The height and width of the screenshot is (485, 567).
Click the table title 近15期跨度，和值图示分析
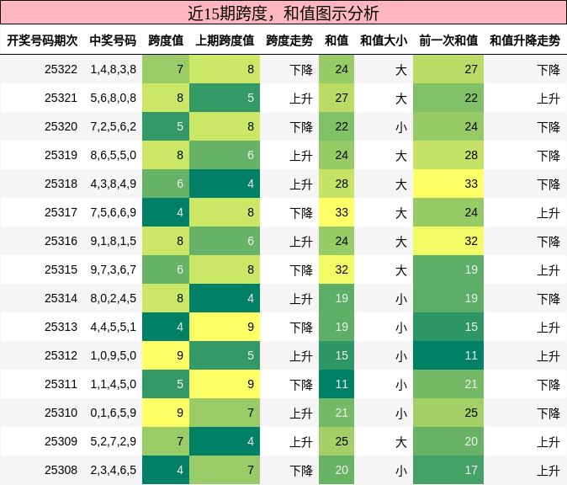pos(283,13)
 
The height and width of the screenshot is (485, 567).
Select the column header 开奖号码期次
pos(42,40)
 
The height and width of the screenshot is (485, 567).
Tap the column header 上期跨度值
pos(225,40)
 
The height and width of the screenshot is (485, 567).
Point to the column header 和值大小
pos(384,40)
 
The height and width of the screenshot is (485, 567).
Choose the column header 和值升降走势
pos(525,40)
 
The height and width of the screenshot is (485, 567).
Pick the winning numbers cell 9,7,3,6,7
pos(113,269)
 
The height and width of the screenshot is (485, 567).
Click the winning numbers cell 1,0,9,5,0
pos(113,355)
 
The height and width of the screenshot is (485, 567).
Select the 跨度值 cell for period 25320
pos(166,126)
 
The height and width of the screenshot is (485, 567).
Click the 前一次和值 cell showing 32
pos(448,241)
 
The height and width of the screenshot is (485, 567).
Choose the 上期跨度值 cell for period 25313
pos(225,327)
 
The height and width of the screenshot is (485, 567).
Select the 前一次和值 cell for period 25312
pos(448,355)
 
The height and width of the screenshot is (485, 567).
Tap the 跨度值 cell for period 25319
pos(166,155)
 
